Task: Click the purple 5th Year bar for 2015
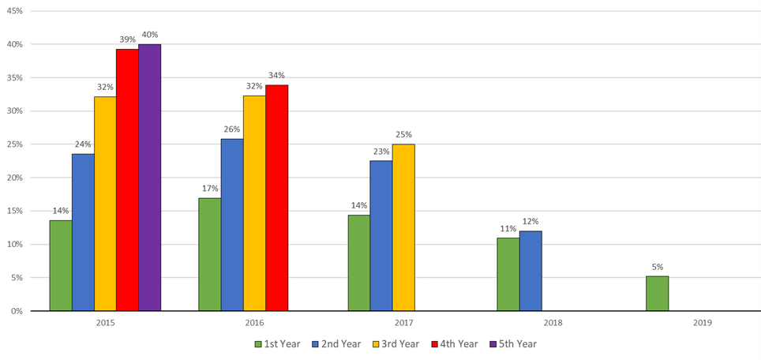pyautogui.click(x=149, y=178)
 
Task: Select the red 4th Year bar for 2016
pyautogui.click(x=276, y=197)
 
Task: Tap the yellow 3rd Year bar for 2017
pyautogui.click(x=403, y=227)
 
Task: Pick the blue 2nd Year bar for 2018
pyautogui.click(x=530, y=271)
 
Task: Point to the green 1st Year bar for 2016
pyautogui.click(x=210, y=254)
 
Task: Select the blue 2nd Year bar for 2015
pyautogui.click(x=83, y=232)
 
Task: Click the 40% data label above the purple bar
pyautogui.click(x=149, y=35)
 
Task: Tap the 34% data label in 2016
pyautogui.click(x=276, y=76)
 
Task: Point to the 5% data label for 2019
pyautogui.click(x=657, y=268)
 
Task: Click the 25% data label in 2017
pyautogui.click(x=403, y=135)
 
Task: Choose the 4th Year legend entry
pyautogui.click(x=457, y=344)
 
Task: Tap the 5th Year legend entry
pyautogui.click(x=517, y=344)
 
